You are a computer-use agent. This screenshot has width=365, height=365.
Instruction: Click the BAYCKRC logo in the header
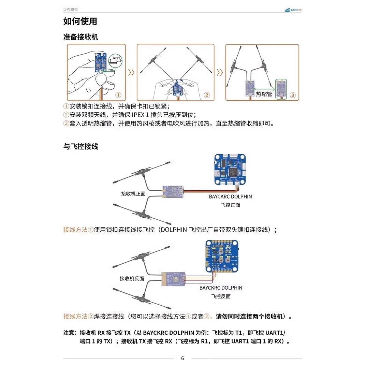[x=293, y=10]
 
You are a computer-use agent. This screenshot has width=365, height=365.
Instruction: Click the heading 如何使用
[x=80, y=21]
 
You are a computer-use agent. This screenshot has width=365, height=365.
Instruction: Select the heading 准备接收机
[x=81, y=37]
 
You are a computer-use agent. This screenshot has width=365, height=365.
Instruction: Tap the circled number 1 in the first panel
[x=118, y=95]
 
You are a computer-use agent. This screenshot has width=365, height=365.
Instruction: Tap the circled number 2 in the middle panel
[x=206, y=95]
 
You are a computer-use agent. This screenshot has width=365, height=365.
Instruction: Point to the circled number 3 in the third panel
[x=293, y=95]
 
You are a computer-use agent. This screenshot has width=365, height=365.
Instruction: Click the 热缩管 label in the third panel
[x=264, y=94]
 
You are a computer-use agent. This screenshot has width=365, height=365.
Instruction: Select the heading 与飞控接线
[x=81, y=146]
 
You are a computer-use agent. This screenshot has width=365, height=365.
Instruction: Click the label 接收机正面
[x=133, y=194]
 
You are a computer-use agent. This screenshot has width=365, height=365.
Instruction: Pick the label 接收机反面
[x=132, y=279]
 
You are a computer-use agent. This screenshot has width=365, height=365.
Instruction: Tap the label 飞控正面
[x=231, y=205]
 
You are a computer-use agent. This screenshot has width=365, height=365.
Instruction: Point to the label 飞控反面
[x=221, y=296]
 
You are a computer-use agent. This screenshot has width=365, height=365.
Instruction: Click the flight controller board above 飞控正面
[x=230, y=170]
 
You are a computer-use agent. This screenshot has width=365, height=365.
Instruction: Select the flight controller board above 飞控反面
[x=222, y=256]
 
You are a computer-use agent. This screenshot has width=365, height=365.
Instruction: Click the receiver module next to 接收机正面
[x=173, y=192]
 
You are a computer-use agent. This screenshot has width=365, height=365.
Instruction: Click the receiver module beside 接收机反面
[x=173, y=279]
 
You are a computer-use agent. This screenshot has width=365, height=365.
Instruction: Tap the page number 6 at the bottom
[x=182, y=358]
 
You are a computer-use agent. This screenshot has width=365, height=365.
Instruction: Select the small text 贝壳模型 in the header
[x=71, y=9]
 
